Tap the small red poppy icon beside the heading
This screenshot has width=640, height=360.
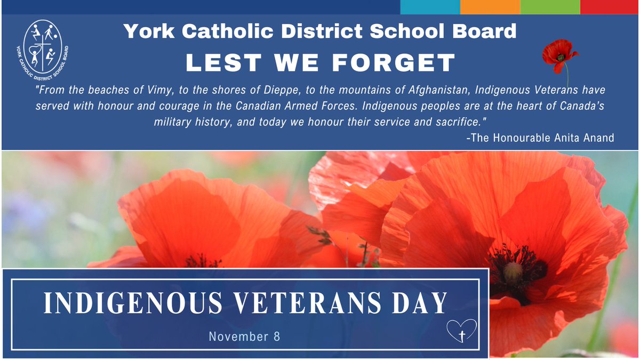click(558, 55)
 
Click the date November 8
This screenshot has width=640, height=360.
click(244, 337)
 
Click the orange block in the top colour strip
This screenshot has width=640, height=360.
click(490, 7)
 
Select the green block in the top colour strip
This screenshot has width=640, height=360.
click(550, 7)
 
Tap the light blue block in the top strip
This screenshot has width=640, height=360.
click(430, 7)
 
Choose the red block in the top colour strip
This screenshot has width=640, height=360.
click(610, 7)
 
